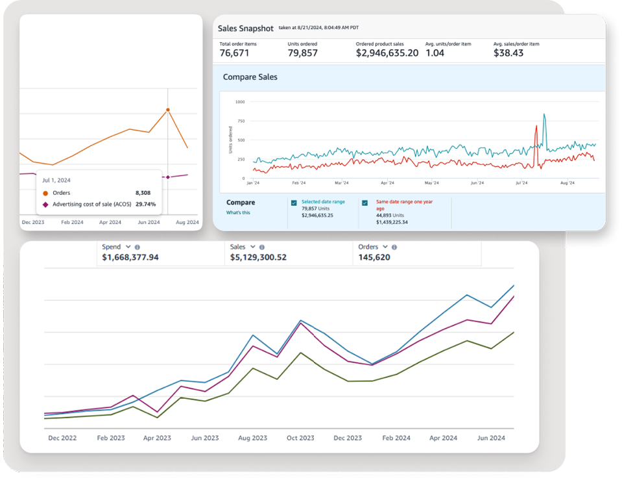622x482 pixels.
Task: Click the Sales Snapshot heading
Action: point(246,29)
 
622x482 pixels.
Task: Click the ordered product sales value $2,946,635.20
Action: point(387,53)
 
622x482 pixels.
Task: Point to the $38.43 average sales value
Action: point(508,53)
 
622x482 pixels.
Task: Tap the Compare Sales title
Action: point(250,77)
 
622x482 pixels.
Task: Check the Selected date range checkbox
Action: point(294,203)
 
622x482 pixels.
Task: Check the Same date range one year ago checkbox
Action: point(365,203)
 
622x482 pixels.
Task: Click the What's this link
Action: point(238,212)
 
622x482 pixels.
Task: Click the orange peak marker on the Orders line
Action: point(168,110)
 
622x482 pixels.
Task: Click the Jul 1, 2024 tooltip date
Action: point(56,180)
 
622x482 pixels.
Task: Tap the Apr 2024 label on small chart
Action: point(110,222)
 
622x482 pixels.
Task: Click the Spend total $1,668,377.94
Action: point(130,257)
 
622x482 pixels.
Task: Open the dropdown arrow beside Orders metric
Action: point(385,247)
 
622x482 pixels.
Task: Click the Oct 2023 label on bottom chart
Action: point(301,438)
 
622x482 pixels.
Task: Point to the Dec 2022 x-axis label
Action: point(62,438)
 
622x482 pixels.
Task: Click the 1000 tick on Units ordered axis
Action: point(240,102)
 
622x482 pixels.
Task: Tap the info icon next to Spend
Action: point(138,247)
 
